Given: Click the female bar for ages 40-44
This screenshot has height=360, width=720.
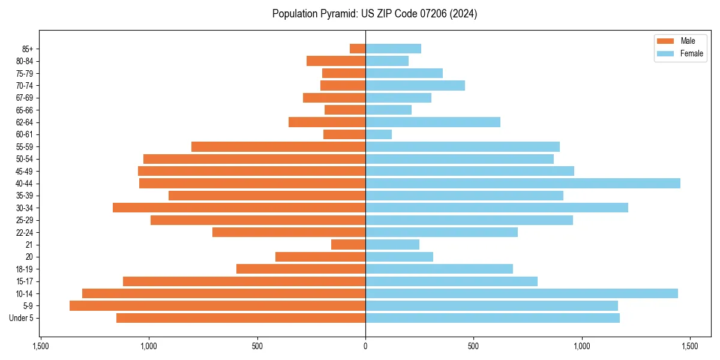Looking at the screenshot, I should (x=522, y=184).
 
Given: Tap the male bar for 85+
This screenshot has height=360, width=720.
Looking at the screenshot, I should (x=358, y=49).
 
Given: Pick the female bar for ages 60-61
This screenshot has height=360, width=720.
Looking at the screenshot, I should (x=379, y=134).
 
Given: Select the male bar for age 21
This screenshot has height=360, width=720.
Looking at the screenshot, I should (x=348, y=245).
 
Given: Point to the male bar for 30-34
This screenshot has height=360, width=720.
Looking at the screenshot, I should (x=239, y=208).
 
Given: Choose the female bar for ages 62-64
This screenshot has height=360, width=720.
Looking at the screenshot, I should (x=433, y=122).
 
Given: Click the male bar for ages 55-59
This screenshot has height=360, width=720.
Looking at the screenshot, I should (x=278, y=147).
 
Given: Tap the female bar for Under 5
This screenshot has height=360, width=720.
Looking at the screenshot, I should (x=492, y=318).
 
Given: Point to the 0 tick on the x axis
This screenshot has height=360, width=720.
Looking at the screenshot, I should (x=365, y=346).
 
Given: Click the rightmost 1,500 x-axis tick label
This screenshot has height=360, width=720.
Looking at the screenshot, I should (x=690, y=346).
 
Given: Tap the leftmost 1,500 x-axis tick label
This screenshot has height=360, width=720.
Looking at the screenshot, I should (x=40, y=346).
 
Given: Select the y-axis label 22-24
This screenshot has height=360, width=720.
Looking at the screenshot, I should (x=25, y=233).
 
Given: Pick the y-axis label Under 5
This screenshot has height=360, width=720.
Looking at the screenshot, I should (x=22, y=318).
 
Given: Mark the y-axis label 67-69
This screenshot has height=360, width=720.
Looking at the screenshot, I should (x=25, y=98).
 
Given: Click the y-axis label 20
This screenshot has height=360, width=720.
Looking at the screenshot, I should (x=29, y=257).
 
